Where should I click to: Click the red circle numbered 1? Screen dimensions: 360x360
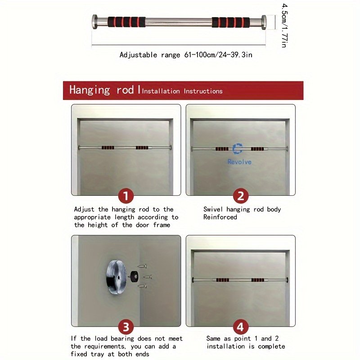point(126,196)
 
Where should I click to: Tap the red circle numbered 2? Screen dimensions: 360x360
point(240,196)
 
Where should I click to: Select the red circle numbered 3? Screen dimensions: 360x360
point(126,327)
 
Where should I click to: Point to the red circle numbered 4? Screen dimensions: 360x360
point(240,327)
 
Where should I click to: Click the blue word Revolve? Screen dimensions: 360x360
point(239,162)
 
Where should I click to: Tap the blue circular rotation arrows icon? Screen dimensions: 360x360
point(238,149)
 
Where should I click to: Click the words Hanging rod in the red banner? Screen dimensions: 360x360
point(102,90)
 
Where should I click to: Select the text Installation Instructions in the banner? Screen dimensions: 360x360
point(182,91)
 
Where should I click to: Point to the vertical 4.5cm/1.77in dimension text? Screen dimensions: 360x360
point(284,26)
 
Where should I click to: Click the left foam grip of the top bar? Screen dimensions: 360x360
point(126,22)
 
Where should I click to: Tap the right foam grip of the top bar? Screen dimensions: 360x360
point(230,22)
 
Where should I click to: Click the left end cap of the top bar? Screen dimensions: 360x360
point(95,22)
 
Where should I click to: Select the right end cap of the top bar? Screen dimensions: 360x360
point(264,22)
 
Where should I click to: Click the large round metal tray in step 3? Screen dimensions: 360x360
point(116,277)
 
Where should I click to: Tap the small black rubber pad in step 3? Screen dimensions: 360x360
point(134,276)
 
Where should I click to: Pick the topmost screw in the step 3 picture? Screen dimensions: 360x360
point(142,266)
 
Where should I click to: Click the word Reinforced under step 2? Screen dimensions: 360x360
point(220,217)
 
